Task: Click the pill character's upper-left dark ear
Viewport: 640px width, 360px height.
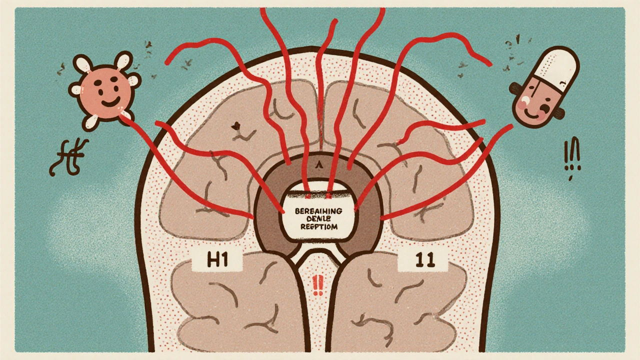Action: pyautogui.click(x=516, y=89)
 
